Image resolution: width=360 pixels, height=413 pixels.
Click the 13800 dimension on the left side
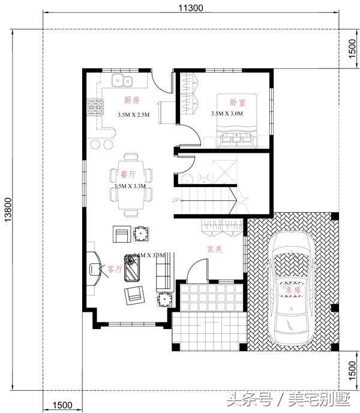[x=8, y=210]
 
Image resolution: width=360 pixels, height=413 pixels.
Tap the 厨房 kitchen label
[x=131, y=100]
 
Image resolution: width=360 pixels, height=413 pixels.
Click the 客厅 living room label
[x=115, y=269]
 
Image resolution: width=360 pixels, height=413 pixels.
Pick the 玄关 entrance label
[x=215, y=248]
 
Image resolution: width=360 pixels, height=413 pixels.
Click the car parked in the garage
[x=292, y=287]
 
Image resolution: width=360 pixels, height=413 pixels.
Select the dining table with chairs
[x=130, y=185]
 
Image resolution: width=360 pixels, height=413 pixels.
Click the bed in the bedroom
[x=239, y=120]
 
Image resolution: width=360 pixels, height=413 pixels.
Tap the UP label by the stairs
[x=176, y=200]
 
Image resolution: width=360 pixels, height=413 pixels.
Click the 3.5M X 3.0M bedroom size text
[x=227, y=113]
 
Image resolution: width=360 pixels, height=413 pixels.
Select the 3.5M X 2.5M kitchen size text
[x=134, y=113]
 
